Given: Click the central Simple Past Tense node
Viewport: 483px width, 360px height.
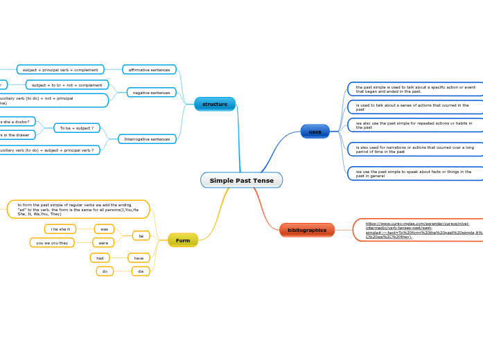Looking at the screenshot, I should [241, 181].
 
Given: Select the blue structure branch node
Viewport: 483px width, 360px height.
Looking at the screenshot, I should [215, 104].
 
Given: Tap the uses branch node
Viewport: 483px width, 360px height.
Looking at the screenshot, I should [315, 132].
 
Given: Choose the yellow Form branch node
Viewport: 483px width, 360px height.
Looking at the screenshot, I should [183, 240].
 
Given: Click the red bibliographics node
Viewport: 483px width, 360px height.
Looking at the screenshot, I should [307, 230].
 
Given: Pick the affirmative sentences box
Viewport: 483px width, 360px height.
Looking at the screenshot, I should [149, 70].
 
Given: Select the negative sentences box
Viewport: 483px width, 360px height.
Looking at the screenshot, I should [151, 93].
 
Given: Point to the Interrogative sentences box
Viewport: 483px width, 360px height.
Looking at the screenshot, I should [147, 139].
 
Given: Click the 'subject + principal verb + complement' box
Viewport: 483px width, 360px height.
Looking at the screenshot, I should [60, 70].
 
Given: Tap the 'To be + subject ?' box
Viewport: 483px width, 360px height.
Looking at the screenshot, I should [77, 128].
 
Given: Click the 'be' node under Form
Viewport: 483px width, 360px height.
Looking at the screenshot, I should [141, 236].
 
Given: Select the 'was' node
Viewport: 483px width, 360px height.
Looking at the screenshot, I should [104, 229].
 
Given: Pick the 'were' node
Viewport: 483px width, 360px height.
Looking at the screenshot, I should [103, 243].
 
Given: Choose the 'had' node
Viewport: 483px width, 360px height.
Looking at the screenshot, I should [100, 258].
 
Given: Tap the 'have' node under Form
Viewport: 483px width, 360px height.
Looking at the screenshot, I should [139, 258].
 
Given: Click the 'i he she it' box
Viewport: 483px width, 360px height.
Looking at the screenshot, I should [60, 229].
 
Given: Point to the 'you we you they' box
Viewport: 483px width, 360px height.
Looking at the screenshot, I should [52, 243].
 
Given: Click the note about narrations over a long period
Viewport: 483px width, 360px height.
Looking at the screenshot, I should [415, 150].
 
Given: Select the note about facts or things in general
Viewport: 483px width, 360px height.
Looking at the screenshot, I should [415, 174].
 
